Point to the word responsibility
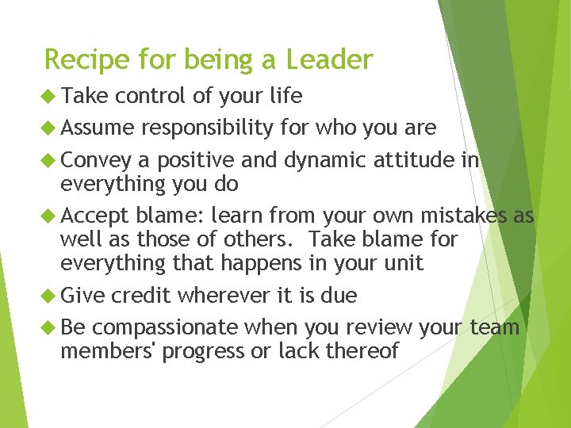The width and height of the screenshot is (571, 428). pyautogui.click(x=209, y=128)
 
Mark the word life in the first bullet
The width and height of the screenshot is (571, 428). pyautogui.click(x=285, y=96)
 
